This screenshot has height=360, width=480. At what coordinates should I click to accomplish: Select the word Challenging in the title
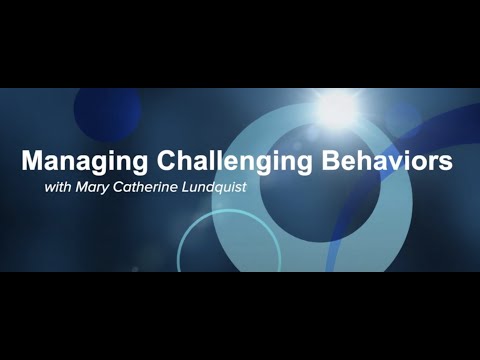(x=221, y=161)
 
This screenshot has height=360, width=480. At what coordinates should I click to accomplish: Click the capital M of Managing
(x=32, y=160)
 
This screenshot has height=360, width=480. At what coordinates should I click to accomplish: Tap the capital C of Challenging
(x=157, y=160)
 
